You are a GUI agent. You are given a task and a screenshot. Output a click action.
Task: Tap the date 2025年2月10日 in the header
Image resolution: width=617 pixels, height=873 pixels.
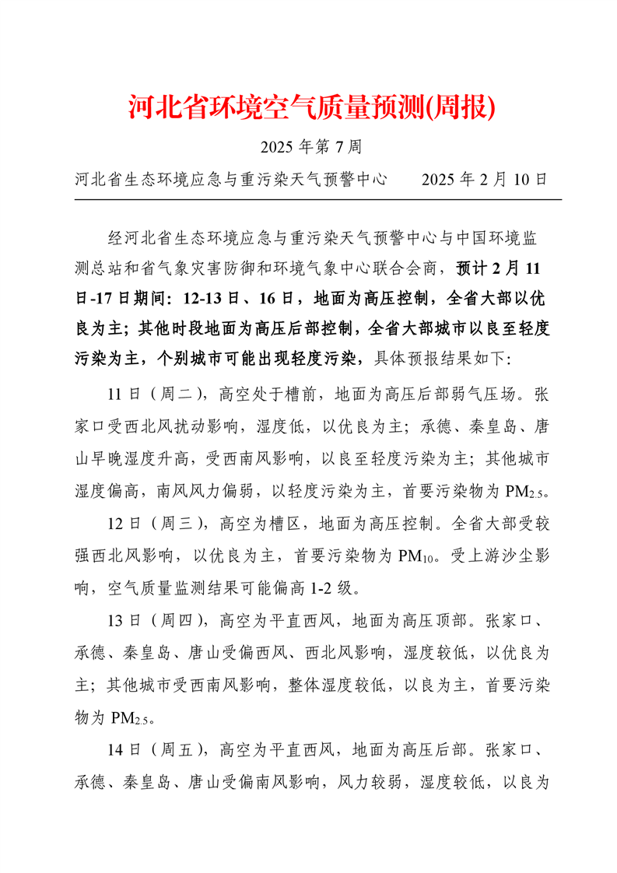pyautogui.click(x=485, y=180)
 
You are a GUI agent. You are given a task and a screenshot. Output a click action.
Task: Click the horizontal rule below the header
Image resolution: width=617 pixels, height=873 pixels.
pyautogui.click(x=317, y=200)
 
